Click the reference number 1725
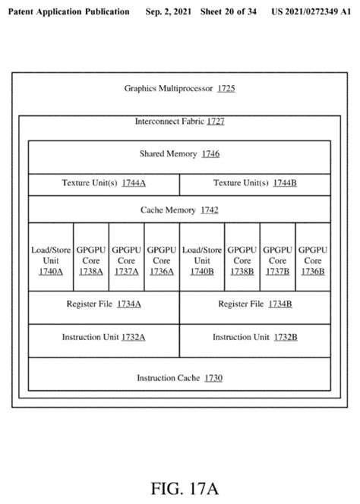[226, 89]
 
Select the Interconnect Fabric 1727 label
[179, 121]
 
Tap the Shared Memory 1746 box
[179, 154]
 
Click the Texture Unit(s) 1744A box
[103, 183]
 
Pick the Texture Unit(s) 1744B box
[255, 183]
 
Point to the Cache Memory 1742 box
[179, 209]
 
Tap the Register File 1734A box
[103, 304]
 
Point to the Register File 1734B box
[255, 304]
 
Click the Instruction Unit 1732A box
[103, 337]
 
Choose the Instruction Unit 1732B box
[255, 337]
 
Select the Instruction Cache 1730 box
[179, 377]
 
